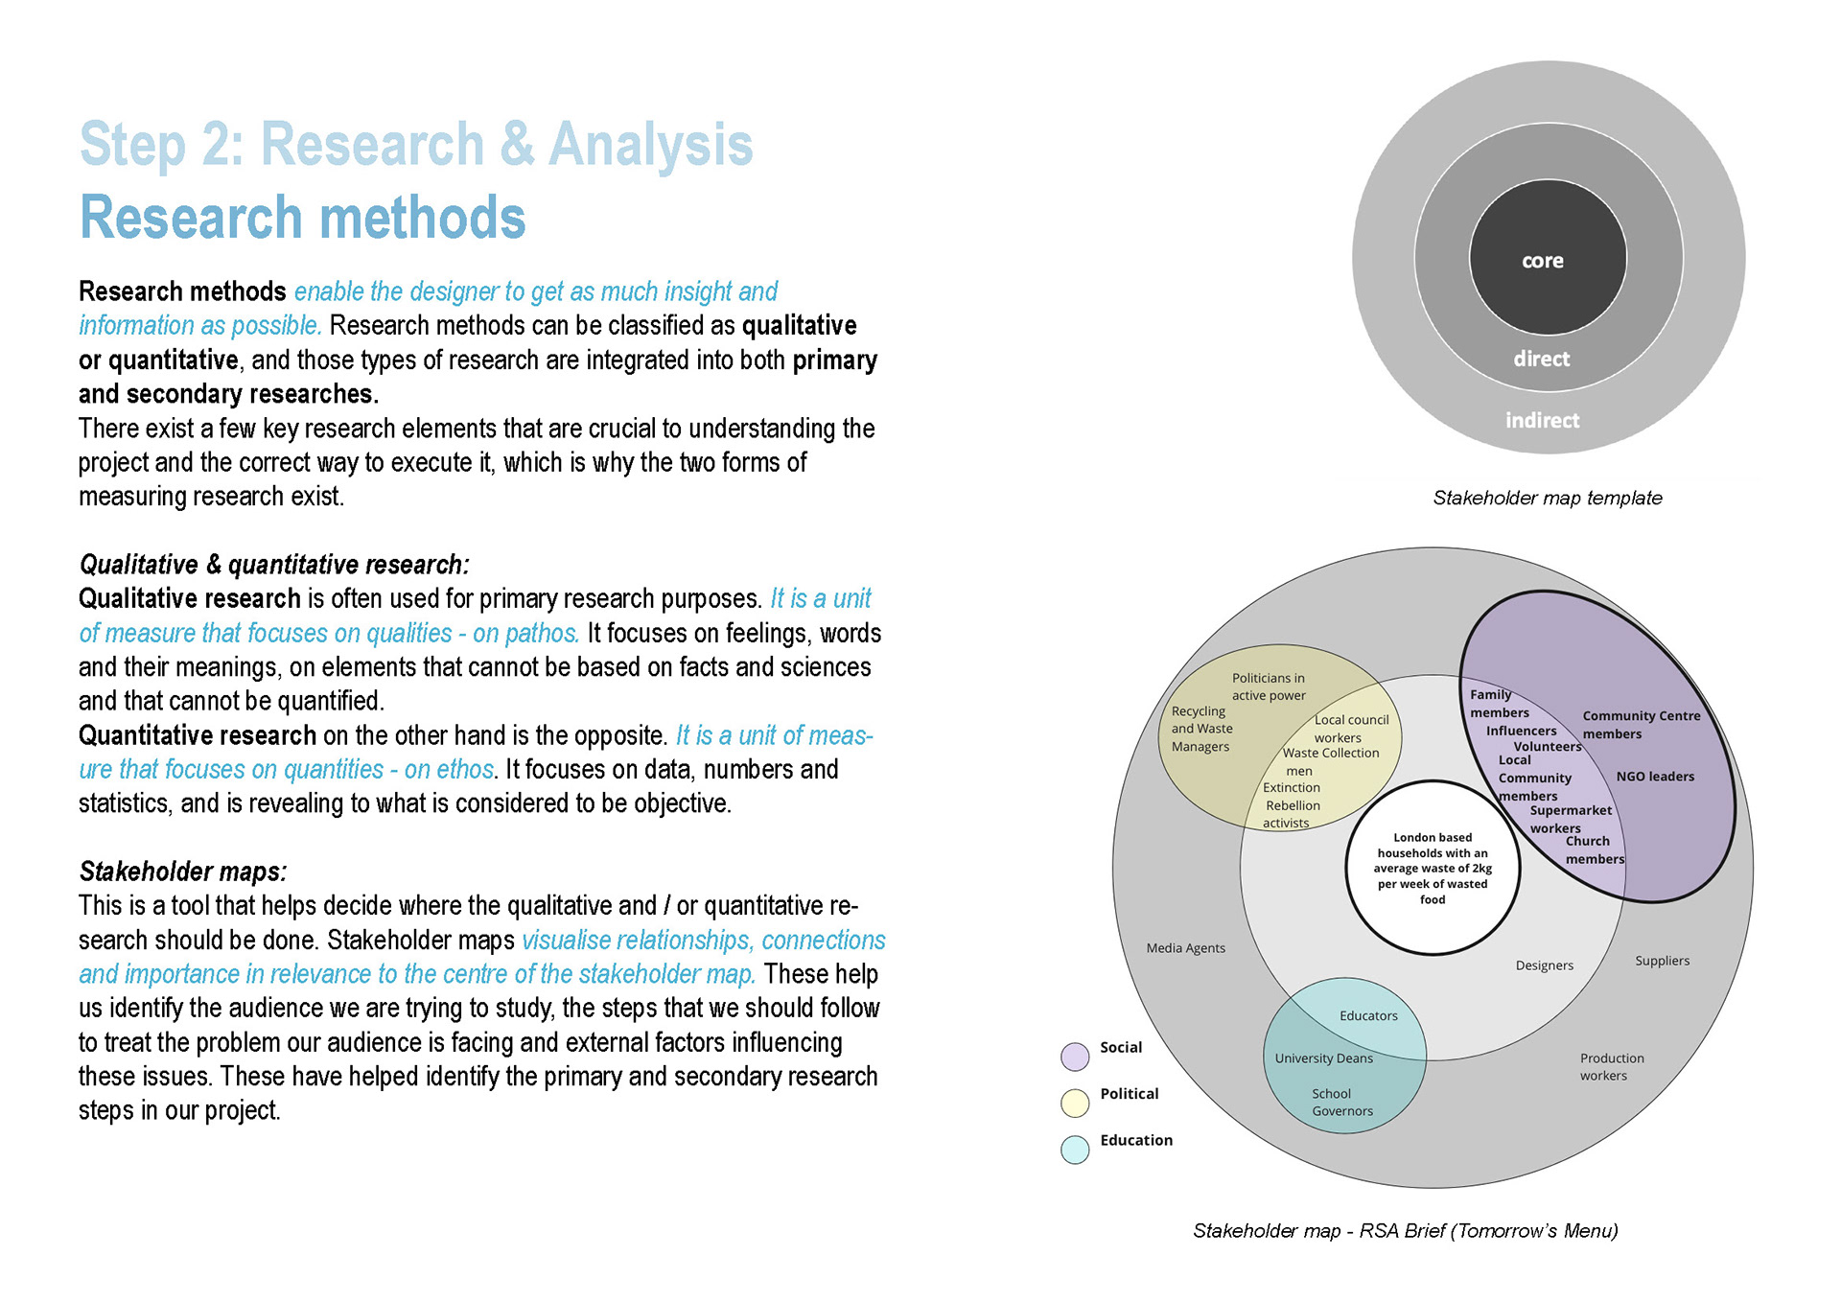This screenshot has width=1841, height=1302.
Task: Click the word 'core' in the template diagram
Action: [1542, 261]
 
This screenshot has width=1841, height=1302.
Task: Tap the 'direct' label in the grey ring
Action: [1541, 359]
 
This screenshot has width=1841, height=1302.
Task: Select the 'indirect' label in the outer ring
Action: [1542, 420]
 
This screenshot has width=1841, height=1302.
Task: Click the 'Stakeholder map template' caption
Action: [1547, 498]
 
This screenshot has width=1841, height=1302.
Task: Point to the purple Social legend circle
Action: [1075, 1057]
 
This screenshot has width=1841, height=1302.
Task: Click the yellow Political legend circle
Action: [1075, 1103]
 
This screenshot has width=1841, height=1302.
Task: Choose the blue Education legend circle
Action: [1075, 1150]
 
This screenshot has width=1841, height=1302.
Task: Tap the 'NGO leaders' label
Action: [1655, 777]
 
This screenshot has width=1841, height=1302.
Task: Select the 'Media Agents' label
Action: [1185, 948]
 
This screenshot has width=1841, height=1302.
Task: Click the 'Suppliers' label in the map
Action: [1662, 961]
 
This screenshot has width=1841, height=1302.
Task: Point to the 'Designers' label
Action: [1544, 965]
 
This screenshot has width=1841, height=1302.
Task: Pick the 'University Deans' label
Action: [1323, 1058]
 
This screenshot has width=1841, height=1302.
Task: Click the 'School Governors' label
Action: [1341, 1103]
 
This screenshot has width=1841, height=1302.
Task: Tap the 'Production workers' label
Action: [1611, 1067]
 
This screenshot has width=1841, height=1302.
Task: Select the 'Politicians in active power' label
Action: [1268, 686]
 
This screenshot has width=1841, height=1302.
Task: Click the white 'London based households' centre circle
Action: [1433, 868]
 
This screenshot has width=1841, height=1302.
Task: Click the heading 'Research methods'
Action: [302, 218]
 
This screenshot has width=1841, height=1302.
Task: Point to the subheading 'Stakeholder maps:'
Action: [182, 872]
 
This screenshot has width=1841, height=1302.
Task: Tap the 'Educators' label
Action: [1368, 1016]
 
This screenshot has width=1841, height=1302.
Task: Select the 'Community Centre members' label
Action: [1641, 725]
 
